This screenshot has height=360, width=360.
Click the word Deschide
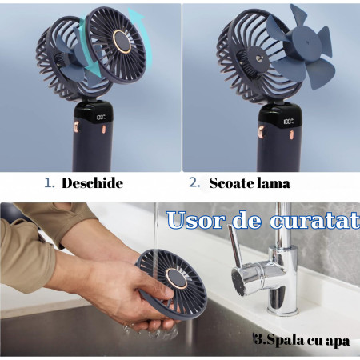pyautogui.click(x=92, y=183)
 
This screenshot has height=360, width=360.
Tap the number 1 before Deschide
pyautogui.click(x=49, y=183)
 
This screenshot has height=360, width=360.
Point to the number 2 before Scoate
pyautogui.click(x=194, y=183)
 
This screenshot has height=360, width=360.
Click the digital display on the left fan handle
pyautogui.click(x=101, y=118)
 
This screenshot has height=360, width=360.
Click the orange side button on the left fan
pyautogui.click(x=78, y=128)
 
